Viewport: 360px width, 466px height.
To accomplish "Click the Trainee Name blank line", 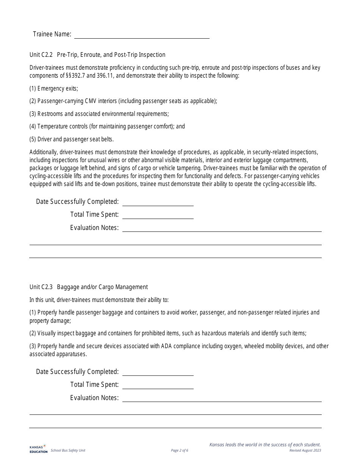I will point(142,35).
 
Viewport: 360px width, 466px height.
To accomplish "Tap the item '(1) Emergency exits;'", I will point(54,89).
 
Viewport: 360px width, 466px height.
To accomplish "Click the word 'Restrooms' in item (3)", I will point(50,114).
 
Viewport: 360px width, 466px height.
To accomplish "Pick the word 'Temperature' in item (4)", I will point(53,127).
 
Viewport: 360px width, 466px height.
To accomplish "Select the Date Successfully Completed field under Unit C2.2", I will point(158,202).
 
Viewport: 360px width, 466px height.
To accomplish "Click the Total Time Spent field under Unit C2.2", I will point(158,215).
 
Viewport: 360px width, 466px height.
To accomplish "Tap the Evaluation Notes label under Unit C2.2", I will point(94,228).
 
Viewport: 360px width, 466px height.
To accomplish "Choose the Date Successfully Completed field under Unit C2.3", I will point(158,372).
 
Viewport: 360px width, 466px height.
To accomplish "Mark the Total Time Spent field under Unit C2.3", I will point(158,385).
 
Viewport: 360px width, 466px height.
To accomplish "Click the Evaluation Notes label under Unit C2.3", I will point(94,398).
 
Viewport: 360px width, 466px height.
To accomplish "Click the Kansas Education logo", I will point(38,449).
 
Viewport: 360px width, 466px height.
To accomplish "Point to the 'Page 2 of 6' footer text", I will point(180,450).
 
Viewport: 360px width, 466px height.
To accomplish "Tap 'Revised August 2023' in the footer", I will point(305,450).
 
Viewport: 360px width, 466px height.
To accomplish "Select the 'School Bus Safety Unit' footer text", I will point(68,450).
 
